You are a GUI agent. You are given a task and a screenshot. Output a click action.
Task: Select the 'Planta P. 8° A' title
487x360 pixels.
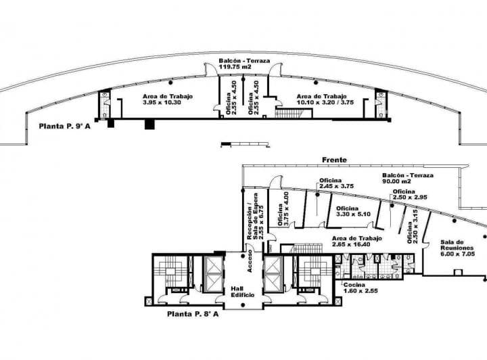click(195, 314)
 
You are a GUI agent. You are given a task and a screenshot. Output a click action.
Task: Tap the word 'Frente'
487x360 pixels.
click(334, 160)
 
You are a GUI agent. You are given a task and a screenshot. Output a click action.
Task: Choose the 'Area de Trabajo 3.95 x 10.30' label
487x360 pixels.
click(168, 99)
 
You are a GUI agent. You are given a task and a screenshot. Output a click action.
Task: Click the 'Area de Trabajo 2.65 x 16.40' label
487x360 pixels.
click(356, 242)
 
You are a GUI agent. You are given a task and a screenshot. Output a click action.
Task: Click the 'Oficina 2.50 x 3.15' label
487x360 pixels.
click(413, 227)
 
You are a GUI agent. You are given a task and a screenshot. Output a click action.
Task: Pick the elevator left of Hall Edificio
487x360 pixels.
click(214, 275)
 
